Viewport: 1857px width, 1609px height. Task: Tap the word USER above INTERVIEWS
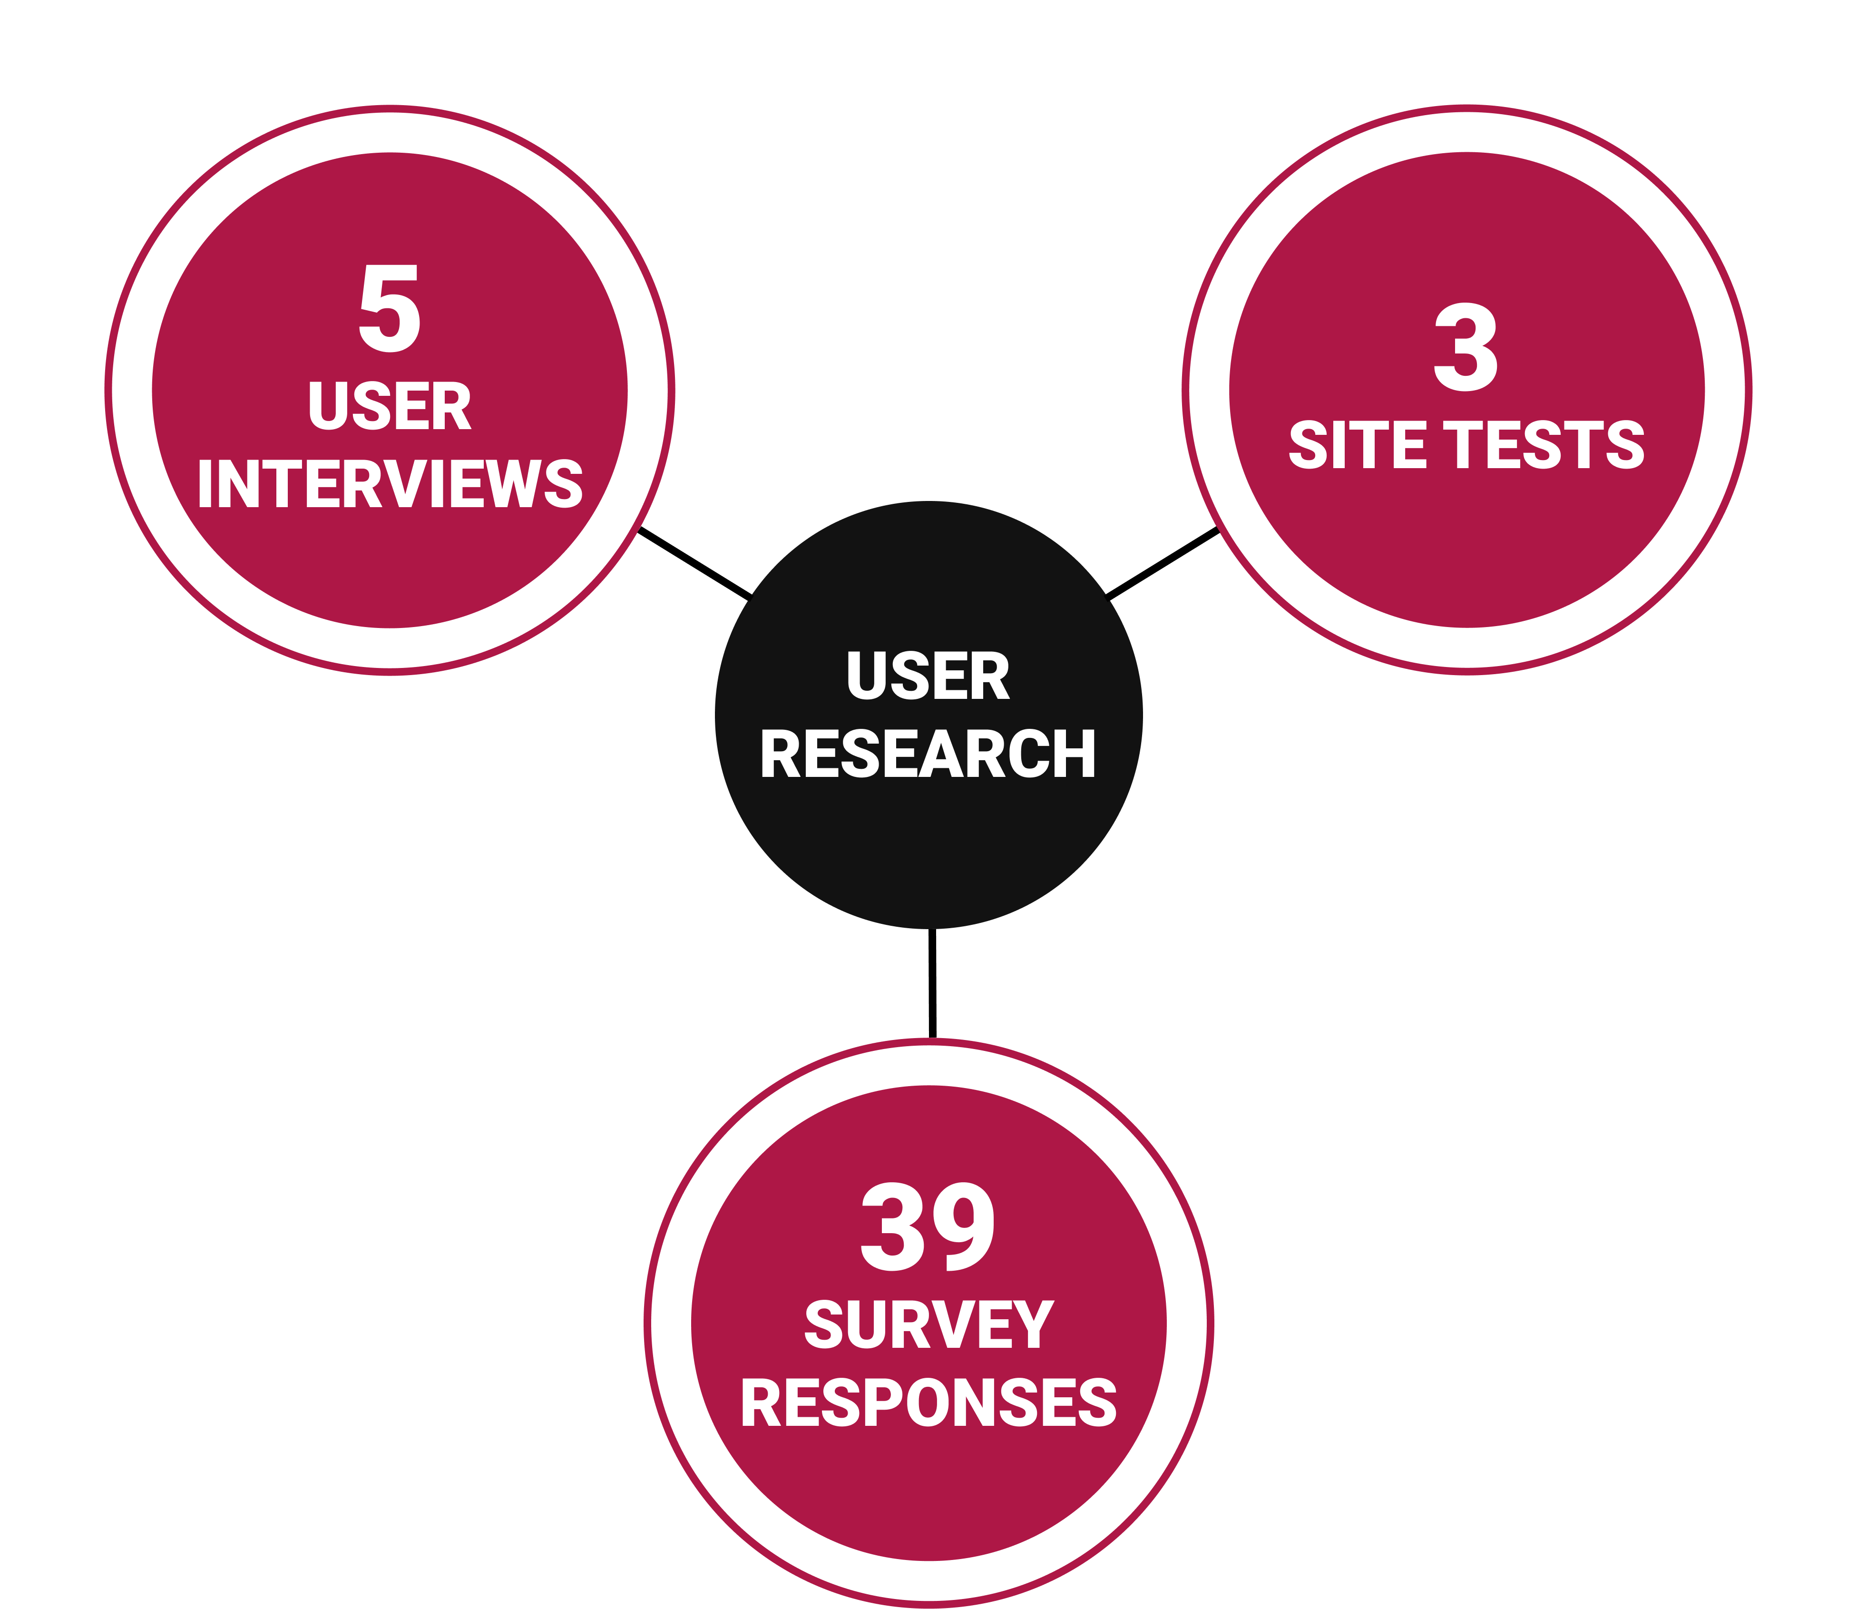[x=390, y=407]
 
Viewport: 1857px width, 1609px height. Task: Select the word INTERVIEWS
[x=390, y=485]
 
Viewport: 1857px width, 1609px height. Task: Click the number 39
[x=928, y=1227]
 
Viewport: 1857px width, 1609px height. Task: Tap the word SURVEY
[x=928, y=1325]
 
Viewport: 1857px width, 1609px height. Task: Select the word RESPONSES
[x=928, y=1403]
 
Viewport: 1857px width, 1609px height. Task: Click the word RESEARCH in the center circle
[x=928, y=754]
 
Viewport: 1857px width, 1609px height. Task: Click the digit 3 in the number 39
[x=892, y=1227]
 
